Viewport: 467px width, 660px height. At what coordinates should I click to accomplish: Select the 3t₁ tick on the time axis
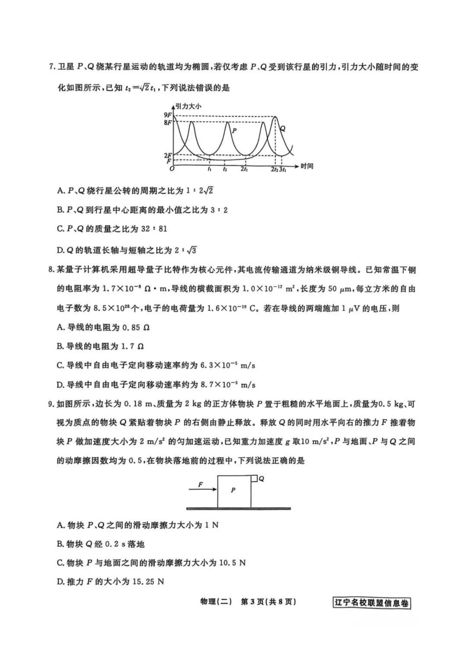tap(282, 170)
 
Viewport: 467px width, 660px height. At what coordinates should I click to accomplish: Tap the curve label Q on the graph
tap(282, 128)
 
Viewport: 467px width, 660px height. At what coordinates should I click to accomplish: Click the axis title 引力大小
tap(189, 106)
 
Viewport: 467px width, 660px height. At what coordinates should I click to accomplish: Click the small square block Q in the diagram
tap(254, 478)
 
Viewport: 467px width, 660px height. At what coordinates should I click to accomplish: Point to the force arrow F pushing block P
tap(203, 489)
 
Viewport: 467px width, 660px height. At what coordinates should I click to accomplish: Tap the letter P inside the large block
tap(233, 490)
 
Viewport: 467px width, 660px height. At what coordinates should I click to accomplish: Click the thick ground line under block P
tap(238, 509)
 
